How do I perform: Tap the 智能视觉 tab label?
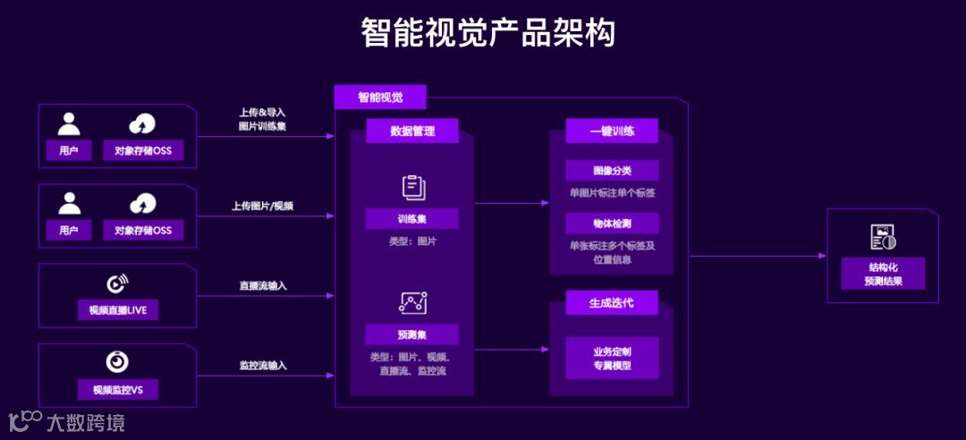380,97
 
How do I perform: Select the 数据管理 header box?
412,131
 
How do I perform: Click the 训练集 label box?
412,219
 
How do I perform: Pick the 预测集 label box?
412,334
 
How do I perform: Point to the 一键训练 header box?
612,131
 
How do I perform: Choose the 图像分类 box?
612,170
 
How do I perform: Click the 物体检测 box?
612,222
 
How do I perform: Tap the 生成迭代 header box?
612,303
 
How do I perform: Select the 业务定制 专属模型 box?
612,358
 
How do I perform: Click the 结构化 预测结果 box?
883,274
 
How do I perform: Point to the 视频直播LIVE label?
118,310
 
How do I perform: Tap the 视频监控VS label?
118,390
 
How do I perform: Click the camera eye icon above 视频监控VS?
118,362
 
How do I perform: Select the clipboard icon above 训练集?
412,188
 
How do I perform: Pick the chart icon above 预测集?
412,303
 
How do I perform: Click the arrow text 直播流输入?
263,286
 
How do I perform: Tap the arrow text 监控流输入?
263,366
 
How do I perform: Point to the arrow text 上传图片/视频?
263,206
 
